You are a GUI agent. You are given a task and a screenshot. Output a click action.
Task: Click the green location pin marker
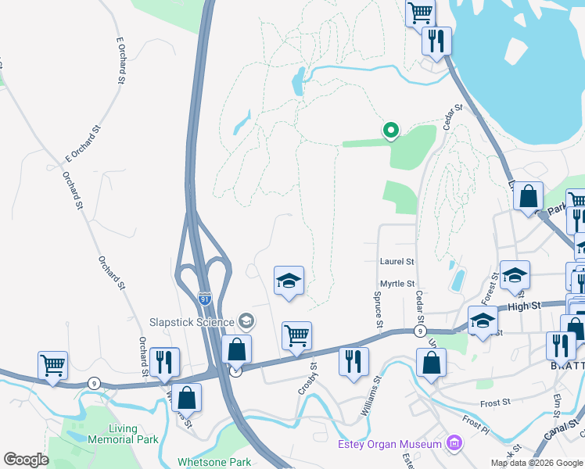tap(390, 131)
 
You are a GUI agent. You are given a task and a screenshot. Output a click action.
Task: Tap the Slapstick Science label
tap(192, 322)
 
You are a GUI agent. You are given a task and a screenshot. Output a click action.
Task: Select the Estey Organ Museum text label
tap(389, 445)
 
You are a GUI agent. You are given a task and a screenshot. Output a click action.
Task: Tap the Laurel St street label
tap(397, 262)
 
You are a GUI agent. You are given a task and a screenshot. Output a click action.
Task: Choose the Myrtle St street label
tap(397, 284)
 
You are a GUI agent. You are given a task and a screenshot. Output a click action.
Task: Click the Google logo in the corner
tap(26, 460)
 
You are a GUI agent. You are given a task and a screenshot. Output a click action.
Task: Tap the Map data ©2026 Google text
tap(536, 463)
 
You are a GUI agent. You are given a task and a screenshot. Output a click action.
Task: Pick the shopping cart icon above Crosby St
tap(296, 336)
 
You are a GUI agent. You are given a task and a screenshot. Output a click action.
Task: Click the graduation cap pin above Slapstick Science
tap(289, 281)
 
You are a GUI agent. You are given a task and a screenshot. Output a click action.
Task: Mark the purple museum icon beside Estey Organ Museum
tap(453, 445)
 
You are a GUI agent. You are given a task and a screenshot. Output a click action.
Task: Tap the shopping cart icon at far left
tap(52, 365)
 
